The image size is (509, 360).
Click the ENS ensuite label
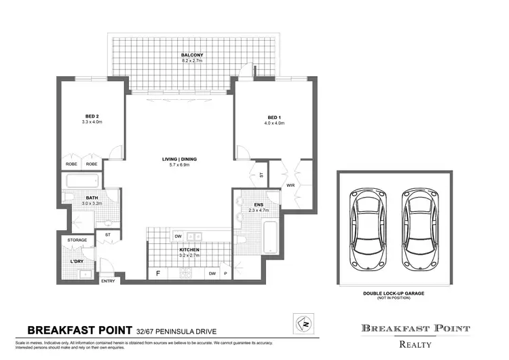258,204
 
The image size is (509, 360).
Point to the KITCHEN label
189,250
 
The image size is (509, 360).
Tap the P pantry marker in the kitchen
225,274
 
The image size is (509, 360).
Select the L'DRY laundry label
77,260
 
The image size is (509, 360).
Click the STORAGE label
77,240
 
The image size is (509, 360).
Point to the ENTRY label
108,281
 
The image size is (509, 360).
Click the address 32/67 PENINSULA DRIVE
177,331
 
